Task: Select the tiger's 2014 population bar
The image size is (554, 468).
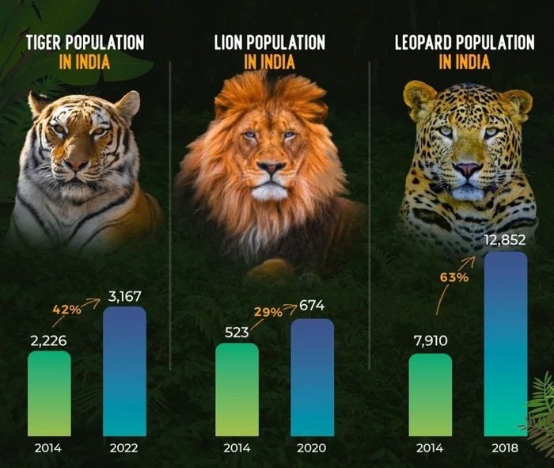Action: click(49, 393)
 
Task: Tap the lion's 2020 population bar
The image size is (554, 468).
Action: click(312, 377)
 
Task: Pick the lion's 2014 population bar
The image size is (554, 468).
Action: click(237, 389)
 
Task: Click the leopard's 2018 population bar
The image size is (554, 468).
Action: click(505, 344)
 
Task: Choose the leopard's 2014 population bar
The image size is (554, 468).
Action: click(431, 394)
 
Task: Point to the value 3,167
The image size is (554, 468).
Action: click(125, 297)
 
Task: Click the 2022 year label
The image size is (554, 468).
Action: click(125, 447)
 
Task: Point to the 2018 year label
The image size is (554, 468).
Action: click(505, 447)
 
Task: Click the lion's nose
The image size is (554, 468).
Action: click(271, 169)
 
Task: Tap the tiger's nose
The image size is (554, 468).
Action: click(76, 164)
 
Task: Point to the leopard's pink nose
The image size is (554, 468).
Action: click(467, 168)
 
